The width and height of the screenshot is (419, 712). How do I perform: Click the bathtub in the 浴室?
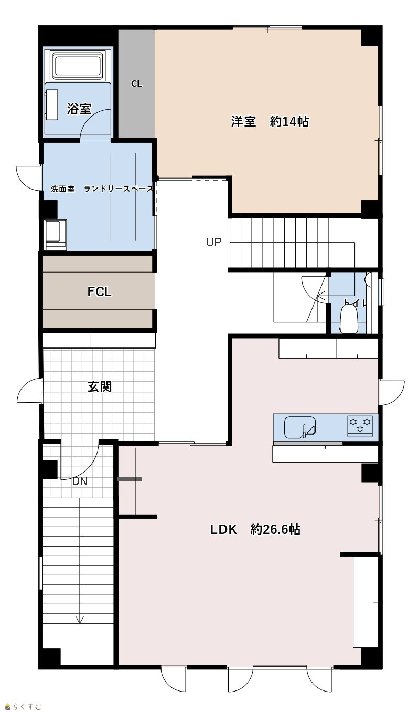tap(78, 67)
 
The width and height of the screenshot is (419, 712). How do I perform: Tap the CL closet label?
tap(136, 83)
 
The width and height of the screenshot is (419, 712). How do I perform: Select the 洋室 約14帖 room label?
tap(270, 121)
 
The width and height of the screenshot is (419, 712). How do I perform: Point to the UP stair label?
tap(213, 242)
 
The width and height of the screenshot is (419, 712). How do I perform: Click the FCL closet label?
tap(99, 291)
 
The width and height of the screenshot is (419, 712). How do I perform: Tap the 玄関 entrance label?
tap(99, 386)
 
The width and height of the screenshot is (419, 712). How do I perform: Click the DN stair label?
tap(80, 481)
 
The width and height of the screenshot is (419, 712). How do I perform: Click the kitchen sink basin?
tap(299, 427)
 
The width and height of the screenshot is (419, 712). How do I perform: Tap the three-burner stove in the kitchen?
tap(360, 426)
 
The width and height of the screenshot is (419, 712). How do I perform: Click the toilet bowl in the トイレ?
tap(349, 319)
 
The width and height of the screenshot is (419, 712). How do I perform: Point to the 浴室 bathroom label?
tap(79, 109)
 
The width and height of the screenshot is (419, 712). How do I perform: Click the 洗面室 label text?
tap(63, 189)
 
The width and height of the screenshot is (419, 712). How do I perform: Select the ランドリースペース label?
tap(119, 189)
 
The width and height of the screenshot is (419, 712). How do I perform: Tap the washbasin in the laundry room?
tap(56, 235)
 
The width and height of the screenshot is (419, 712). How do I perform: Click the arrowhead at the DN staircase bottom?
tap(79, 620)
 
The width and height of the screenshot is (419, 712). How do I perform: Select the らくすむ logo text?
tap(27, 707)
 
